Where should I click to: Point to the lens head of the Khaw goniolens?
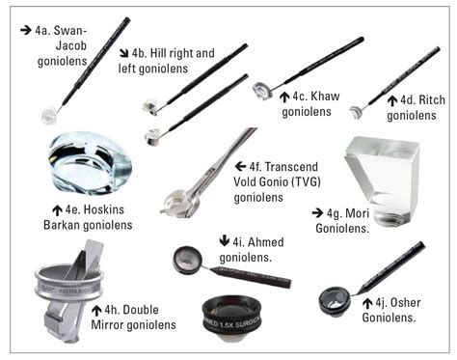click(x=262, y=90)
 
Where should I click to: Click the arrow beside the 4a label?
click(x=25, y=30)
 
